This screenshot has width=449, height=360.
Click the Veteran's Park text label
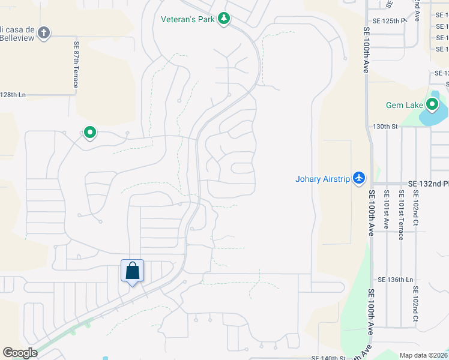pos(187,19)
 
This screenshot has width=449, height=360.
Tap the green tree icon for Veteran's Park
pos(224,19)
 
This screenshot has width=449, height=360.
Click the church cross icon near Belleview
pos(43,32)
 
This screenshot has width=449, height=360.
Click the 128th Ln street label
pos(13,95)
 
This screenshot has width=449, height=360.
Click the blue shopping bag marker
pos(132,271)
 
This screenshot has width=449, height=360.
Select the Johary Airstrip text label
pos(322,178)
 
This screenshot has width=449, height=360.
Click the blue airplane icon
pos(359,178)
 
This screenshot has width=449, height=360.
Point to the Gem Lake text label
pos(404,106)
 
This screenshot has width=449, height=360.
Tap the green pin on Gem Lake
pos(432,105)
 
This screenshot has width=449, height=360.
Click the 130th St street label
pos(385,127)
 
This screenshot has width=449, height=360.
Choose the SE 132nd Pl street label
pos(428,184)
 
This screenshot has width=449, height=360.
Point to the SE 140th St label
pos(329,358)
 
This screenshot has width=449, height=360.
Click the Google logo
pos(20,353)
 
